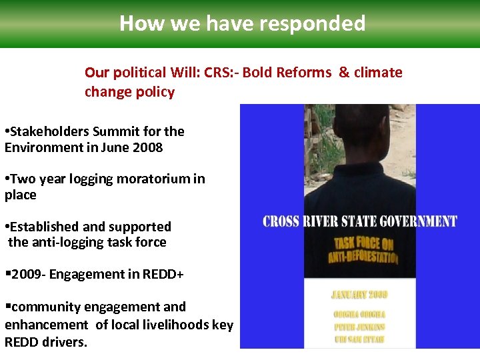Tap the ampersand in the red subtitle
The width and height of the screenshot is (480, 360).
pyautogui.click(x=344, y=72)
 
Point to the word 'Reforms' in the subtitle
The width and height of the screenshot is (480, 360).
pyautogui.click(x=306, y=72)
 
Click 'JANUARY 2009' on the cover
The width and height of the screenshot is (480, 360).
pyautogui.click(x=359, y=294)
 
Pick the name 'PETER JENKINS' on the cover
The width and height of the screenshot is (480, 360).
pyautogui.click(x=359, y=327)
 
